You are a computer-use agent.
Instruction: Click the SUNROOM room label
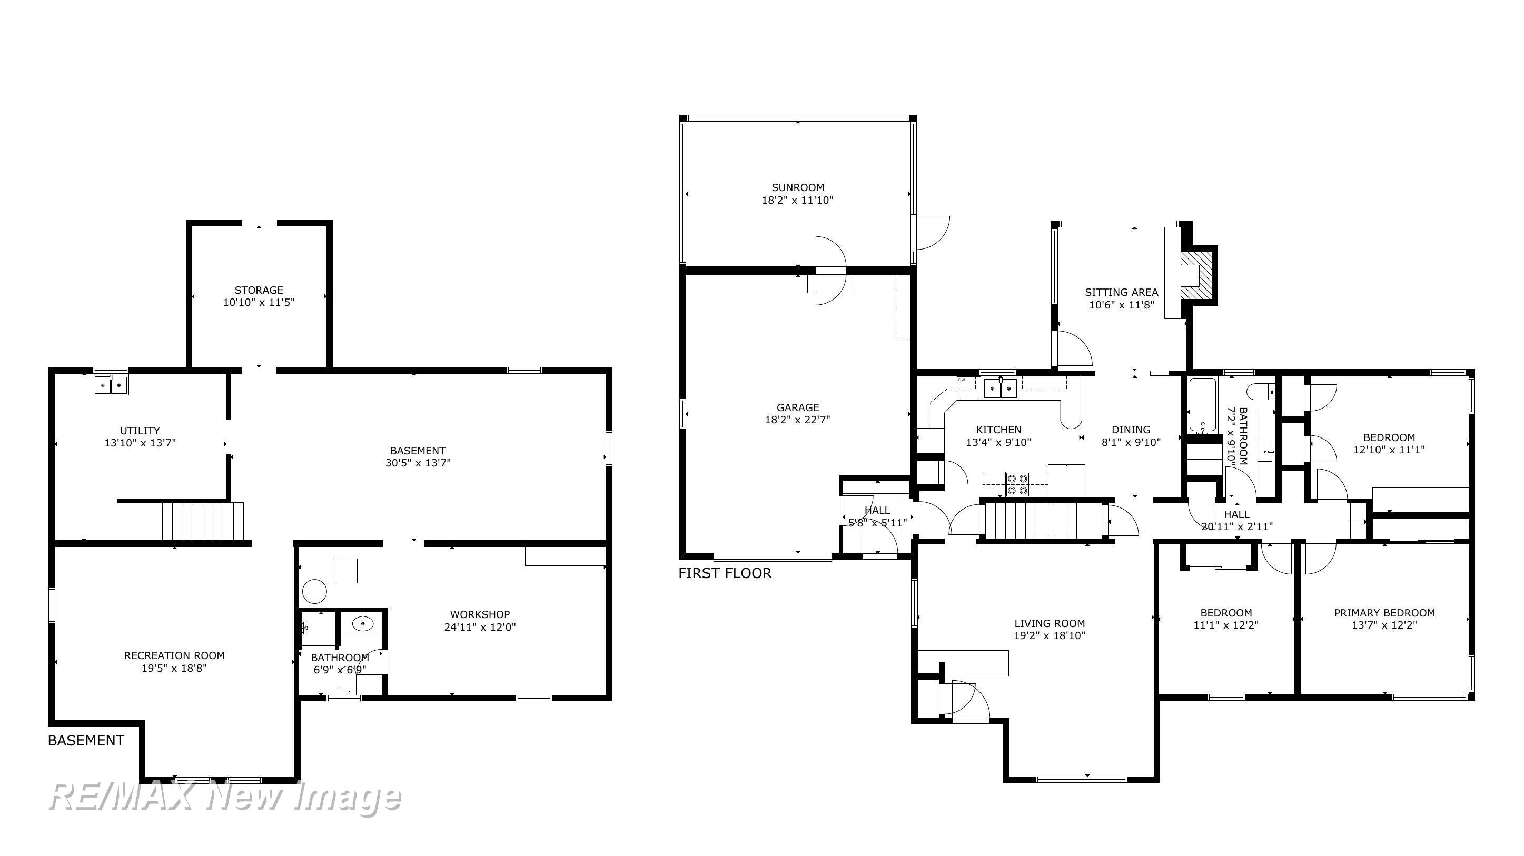(x=797, y=187)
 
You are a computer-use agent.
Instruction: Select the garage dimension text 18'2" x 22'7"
(x=797, y=420)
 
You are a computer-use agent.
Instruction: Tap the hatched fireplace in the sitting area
(x=1195, y=276)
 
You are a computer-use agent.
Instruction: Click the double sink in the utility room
(x=111, y=385)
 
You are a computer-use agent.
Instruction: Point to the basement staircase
(x=203, y=521)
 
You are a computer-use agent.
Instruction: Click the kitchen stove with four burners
(x=1017, y=484)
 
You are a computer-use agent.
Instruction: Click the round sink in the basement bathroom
(x=362, y=623)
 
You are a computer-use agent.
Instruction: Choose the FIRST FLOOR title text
(x=725, y=573)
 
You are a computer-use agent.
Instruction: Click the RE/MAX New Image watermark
(x=225, y=797)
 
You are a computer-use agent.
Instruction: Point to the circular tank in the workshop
(x=314, y=590)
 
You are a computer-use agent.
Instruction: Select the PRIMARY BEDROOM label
(x=1384, y=613)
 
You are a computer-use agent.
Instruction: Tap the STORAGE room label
(x=259, y=290)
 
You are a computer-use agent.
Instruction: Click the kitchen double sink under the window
(x=1000, y=389)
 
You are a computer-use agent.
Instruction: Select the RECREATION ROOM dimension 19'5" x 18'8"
(x=174, y=669)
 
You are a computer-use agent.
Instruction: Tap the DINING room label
(x=1131, y=430)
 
